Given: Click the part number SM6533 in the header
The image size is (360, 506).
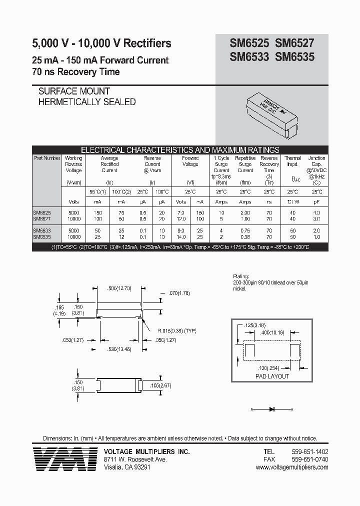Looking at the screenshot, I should [249, 57].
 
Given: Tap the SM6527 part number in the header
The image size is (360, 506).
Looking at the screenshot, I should [294, 44].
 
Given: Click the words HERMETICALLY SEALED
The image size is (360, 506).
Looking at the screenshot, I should [87, 101].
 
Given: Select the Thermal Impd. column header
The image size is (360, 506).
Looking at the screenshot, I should [293, 161].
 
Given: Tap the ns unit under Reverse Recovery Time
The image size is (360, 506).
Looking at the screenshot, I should [269, 201].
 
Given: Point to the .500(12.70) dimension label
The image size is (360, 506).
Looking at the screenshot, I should [119, 288].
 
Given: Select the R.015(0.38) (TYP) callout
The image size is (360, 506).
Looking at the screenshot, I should [170, 331].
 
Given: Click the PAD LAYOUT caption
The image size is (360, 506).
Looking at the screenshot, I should [272, 376].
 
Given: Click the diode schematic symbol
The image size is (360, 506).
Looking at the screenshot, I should [272, 409].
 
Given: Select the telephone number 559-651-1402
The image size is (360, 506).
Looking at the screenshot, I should [309, 451].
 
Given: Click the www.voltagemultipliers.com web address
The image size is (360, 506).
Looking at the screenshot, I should [291, 467].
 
